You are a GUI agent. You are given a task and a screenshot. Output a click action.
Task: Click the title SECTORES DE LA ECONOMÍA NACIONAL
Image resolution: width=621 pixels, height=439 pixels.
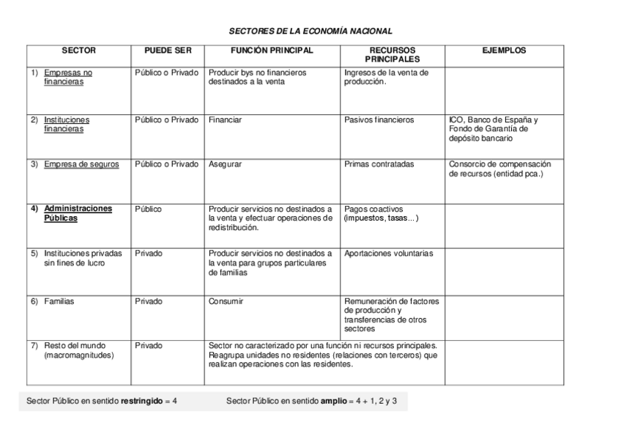click(310, 32)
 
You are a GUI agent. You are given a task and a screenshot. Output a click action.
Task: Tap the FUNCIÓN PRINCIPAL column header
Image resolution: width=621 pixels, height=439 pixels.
click(272, 51)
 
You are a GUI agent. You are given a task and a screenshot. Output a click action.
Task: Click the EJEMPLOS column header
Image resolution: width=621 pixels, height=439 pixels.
click(504, 51)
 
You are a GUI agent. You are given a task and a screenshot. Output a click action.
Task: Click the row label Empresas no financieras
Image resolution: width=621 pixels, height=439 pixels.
click(68, 77)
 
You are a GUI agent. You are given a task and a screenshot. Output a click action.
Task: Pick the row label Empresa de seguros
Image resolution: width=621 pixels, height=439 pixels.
click(81, 164)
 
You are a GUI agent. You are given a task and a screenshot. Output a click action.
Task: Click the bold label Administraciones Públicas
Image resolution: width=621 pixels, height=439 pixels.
click(78, 213)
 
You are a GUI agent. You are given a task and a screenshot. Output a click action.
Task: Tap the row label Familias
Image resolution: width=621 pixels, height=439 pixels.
click(59, 301)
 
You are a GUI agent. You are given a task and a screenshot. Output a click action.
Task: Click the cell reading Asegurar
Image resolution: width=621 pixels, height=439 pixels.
click(225, 164)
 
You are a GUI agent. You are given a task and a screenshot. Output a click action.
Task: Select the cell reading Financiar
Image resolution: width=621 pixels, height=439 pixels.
click(225, 119)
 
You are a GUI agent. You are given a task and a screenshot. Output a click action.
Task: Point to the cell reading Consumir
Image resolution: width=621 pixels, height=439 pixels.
click(226, 301)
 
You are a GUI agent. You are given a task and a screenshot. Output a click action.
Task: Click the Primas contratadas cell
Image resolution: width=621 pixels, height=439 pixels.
click(379, 164)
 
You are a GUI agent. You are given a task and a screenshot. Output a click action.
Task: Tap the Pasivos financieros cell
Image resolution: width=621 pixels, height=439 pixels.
click(379, 119)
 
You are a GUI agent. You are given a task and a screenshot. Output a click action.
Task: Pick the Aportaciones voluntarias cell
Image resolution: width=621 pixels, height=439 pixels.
click(388, 254)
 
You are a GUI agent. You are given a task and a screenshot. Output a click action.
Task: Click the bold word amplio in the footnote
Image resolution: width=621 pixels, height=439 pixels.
click(333, 401)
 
